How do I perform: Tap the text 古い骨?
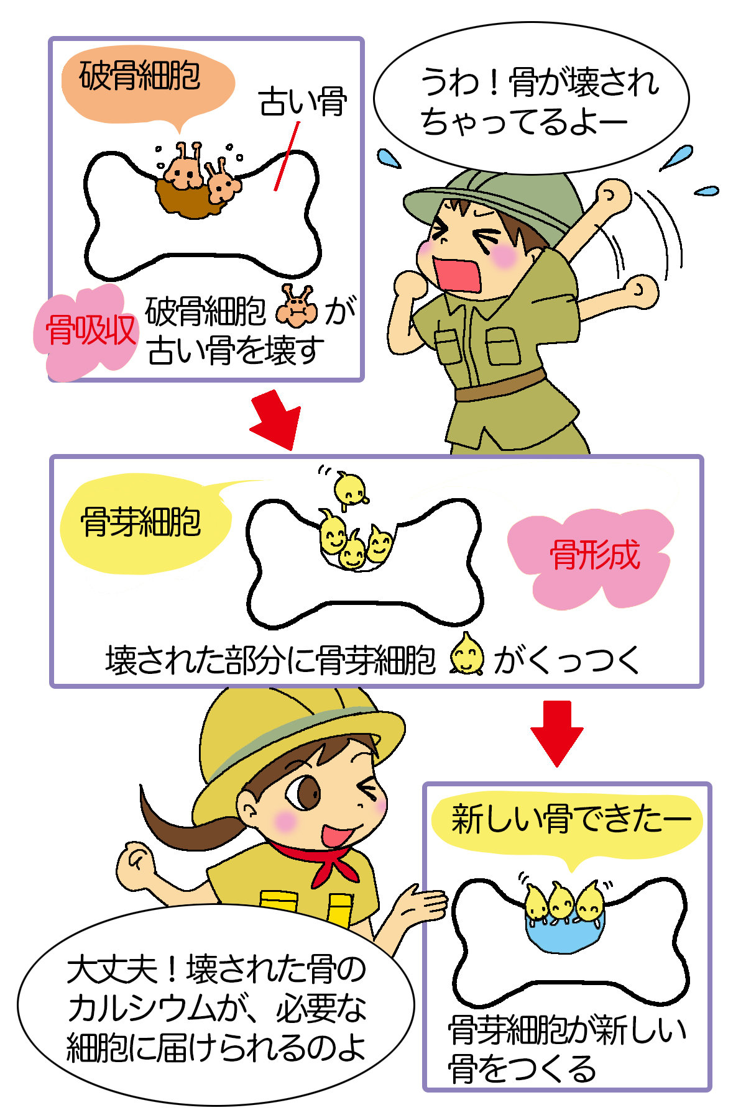(303, 102)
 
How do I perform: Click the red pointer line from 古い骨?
(287, 156)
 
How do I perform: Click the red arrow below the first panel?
(275, 420)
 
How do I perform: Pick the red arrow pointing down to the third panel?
(556, 733)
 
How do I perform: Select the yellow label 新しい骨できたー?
(570, 819)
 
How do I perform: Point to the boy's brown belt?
(500, 386)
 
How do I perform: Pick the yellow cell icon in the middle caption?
(466, 653)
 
